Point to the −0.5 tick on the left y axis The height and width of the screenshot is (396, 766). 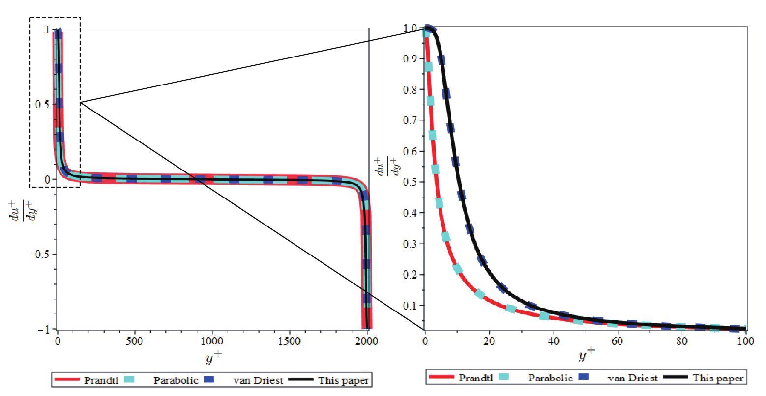point(41,254)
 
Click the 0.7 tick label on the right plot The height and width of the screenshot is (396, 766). point(412,120)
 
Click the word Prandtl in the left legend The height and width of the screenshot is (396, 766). point(101,380)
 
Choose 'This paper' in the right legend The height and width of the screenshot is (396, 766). point(718,378)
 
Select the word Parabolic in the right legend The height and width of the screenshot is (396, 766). point(550,378)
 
